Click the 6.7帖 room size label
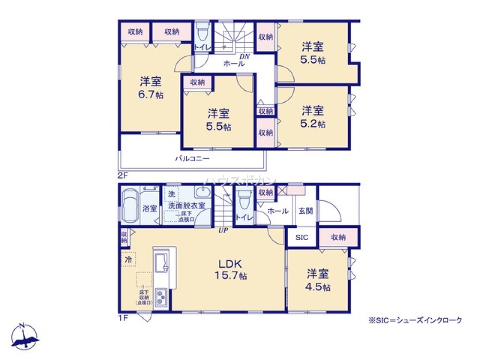151,95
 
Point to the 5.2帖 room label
313,124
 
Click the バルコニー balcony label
192,158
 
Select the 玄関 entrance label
305,211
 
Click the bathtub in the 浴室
130,205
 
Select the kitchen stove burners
160,299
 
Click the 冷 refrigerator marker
128,259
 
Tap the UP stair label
223,230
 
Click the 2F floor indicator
123,175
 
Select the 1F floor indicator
123,318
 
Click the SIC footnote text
415,320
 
